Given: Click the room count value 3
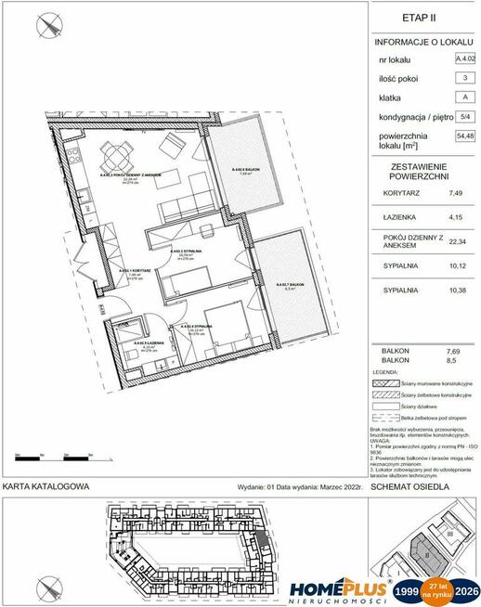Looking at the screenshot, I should coord(463,78).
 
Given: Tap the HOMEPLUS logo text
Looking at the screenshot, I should coord(338,587).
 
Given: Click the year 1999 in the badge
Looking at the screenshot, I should coord(406,589).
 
